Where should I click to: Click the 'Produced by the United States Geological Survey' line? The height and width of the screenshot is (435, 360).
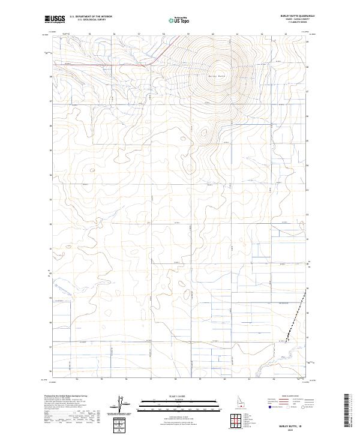pyautogui.click(x=66, y=397)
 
